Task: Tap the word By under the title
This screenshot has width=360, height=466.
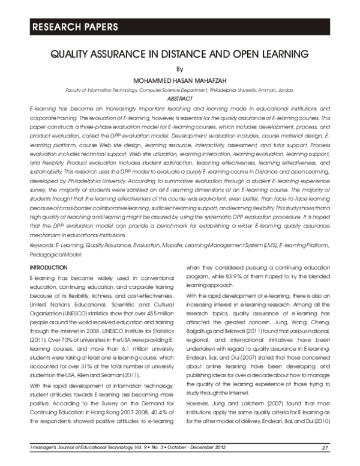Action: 180,68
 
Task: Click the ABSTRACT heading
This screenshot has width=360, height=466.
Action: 180,98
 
